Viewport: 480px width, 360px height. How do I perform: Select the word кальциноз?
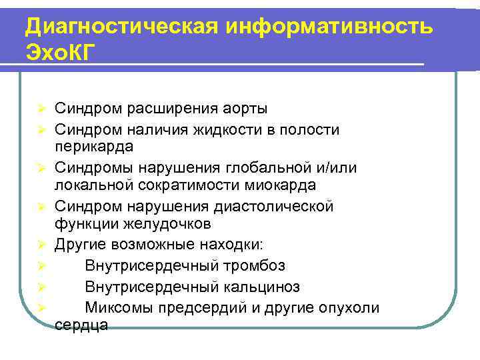click(x=261, y=287)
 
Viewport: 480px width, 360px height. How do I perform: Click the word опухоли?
click(x=347, y=307)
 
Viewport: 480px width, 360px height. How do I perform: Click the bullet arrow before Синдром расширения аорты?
click(x=40, y=109)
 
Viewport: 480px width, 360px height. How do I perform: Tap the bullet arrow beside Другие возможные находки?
click(x=40, y=245)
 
